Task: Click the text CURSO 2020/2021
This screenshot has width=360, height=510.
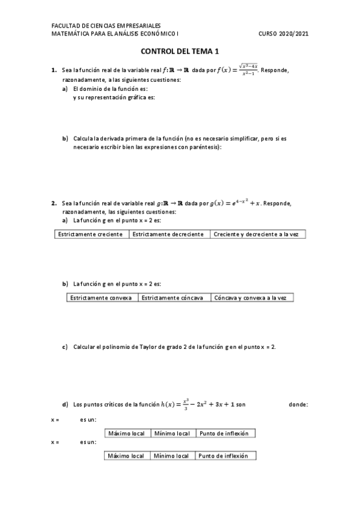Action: click(283, 34)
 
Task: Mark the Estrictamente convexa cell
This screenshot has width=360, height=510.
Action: click(101, 297)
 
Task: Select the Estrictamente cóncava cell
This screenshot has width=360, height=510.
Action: click(174, 297)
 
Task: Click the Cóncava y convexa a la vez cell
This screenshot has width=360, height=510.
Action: click(252, 297)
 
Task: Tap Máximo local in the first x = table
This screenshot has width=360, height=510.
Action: click(127, 433)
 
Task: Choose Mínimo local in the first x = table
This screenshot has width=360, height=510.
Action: click(172, 433)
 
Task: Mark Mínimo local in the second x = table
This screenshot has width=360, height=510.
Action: click(172, 456)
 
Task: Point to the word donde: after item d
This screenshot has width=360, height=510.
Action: click(299, 405)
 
